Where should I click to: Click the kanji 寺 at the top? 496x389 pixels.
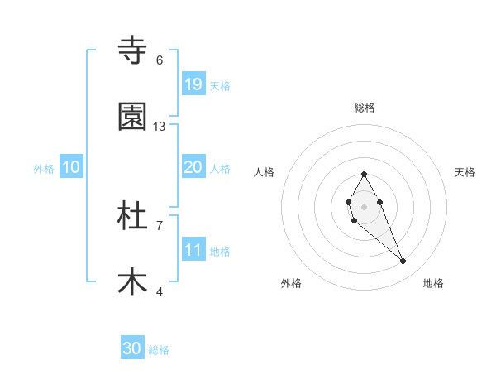(x=132, y=50)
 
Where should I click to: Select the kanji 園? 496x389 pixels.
(x=132, y=117)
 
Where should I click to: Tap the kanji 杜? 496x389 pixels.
(x=132, y=216)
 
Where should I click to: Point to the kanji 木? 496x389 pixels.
(x=132, y=282)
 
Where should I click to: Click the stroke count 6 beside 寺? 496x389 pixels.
(x=160, y=60)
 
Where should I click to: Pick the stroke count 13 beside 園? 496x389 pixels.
(x=160, y=127)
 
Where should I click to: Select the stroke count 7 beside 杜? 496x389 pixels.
(x=160, y=225)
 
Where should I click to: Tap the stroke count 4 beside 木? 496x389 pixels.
(x=160, y=291)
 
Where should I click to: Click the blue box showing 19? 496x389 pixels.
(x=193, y=84)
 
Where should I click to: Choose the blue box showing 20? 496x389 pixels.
(x=193, y=167)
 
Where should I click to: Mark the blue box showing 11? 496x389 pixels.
(x=193, y=250)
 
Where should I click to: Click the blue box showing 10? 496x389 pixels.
(x=71, y=167)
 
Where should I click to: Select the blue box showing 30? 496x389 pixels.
(x=132, y=349)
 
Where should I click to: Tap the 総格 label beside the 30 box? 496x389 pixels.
(x=159, y=350)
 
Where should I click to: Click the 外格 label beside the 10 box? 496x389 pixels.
(x=44, y=168)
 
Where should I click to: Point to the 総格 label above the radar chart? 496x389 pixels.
(x=364, y=108)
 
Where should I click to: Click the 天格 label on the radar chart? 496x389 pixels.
(x=465, y=172)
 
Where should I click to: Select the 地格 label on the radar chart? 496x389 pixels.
(x=433, y=283)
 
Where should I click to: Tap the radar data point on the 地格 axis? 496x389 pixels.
(x=403, y=262)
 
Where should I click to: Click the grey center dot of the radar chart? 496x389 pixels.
(x=364, y=206)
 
